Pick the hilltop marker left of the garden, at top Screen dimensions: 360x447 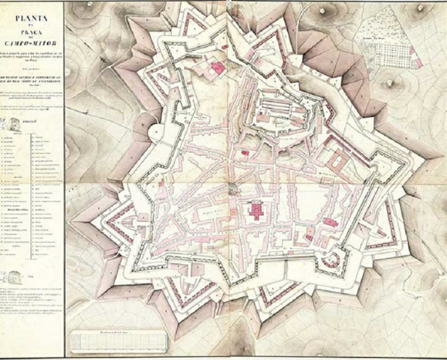pyautogui.click(x=324, y=10)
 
